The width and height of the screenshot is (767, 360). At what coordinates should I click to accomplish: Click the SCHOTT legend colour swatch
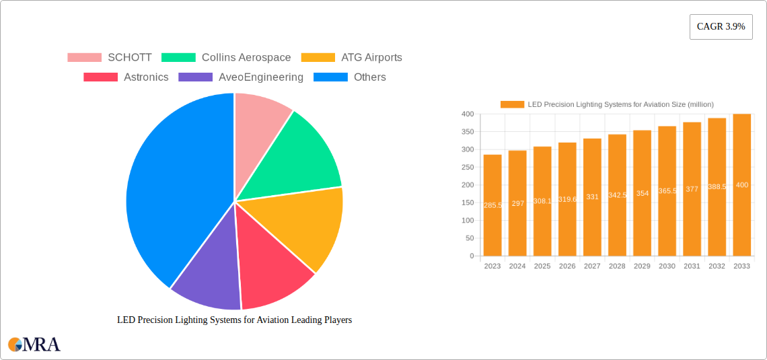84,57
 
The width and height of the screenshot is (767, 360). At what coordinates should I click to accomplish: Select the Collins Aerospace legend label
246,57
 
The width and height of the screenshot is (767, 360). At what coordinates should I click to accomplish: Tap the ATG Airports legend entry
371,57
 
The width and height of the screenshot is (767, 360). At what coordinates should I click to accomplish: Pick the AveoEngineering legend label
261,77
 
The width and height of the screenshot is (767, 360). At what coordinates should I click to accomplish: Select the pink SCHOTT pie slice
259,118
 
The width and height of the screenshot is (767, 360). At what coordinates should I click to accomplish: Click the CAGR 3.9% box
721,27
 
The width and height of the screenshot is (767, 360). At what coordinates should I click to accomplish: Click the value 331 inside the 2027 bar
592,197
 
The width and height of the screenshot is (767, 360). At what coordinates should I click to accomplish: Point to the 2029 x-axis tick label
642,266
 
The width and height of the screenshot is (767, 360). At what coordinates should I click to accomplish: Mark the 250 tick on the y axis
468,168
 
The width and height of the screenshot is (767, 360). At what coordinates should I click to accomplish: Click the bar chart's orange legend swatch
512,104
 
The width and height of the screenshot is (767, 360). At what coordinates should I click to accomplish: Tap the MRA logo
34,345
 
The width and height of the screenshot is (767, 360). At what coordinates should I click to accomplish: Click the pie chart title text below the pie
234,320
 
